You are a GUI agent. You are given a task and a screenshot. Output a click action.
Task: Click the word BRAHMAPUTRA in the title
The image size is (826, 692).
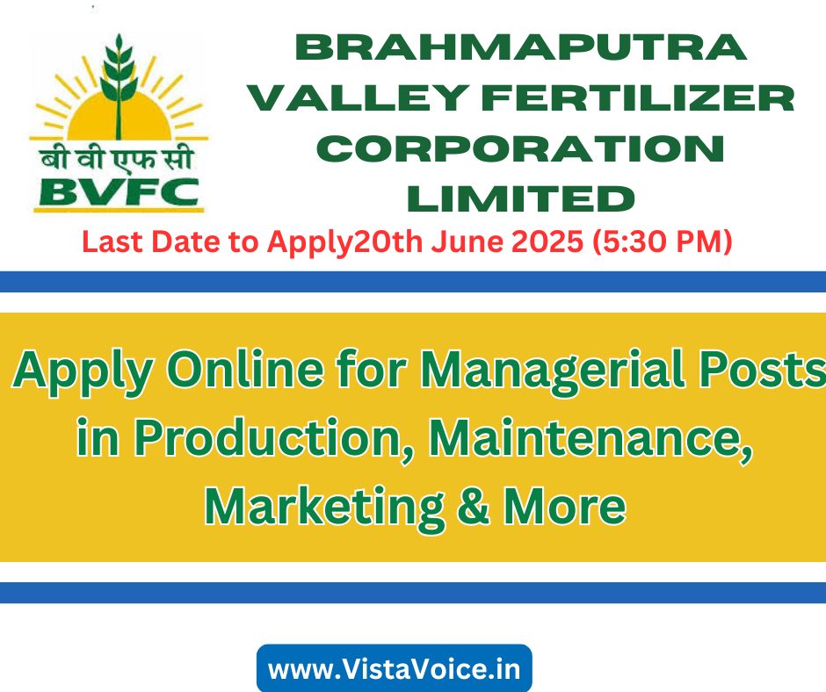click(520, 47)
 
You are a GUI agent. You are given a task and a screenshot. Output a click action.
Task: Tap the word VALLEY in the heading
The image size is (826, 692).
click(359, 98)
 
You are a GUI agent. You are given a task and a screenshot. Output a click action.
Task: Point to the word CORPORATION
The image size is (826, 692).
click(520, 148)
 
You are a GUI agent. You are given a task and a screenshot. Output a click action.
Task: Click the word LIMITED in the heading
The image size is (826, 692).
click(520, 199)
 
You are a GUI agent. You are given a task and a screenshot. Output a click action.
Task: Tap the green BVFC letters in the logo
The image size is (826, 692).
click(119, 191)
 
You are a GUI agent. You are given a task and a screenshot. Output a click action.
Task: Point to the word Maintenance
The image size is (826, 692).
click(591, 438)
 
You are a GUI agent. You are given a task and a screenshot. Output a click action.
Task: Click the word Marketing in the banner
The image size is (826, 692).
click(324, 507)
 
